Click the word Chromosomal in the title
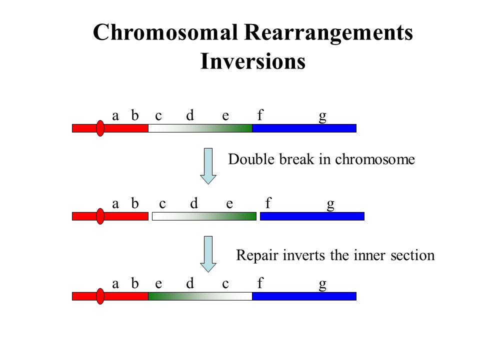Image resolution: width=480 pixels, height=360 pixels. click(165, 32)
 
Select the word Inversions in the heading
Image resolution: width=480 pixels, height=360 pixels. click(253, 61)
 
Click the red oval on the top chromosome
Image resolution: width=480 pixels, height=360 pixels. click(100, 128)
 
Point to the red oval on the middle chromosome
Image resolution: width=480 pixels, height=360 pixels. click(100, 216)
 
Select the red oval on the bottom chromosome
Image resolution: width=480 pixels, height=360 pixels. click(100, 296)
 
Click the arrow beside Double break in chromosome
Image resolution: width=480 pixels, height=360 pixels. click(208, 166)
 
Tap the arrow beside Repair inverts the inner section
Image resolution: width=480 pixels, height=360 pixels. click(208, 254)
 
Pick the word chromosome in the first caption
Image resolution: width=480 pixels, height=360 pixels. click(375, 159)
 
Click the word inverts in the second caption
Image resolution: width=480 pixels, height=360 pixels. click(303, 255)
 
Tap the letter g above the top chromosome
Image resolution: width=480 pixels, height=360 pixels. click(322, 116)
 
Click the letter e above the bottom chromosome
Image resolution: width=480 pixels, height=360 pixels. click(158, 284)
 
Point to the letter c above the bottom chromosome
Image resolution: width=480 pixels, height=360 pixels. click(225, 284)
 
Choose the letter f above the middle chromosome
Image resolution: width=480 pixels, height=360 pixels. click(268, 202)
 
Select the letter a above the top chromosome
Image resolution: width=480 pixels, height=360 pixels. click(115, 116)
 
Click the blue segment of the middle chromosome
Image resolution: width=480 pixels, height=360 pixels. click(312, 216)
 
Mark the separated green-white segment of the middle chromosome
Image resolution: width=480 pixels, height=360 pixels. click(204, 216)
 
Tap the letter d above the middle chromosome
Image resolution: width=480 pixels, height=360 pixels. click(194, 203)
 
